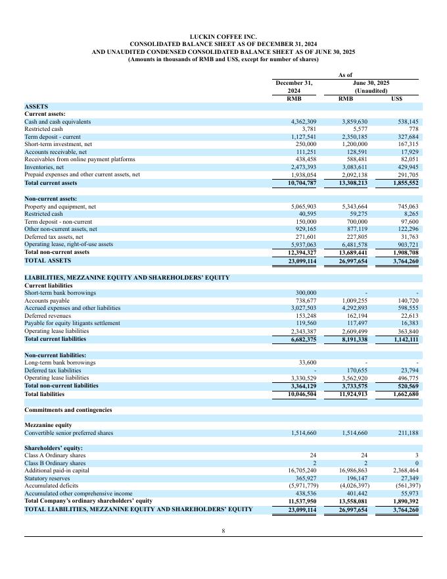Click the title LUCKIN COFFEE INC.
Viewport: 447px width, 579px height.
point(223,37)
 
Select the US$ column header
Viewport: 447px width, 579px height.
point(396,99)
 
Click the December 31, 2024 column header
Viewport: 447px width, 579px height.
point(294,87)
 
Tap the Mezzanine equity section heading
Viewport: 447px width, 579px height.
point(48,425)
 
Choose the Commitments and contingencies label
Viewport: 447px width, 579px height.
point(68,410)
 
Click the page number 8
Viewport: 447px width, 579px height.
point(223,532)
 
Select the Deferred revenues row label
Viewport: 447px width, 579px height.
point(47,315)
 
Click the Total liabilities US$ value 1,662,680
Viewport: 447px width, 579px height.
point(402,394)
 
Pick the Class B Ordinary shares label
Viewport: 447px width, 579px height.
point(55,463)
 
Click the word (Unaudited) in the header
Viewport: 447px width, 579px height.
point(371,91)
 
